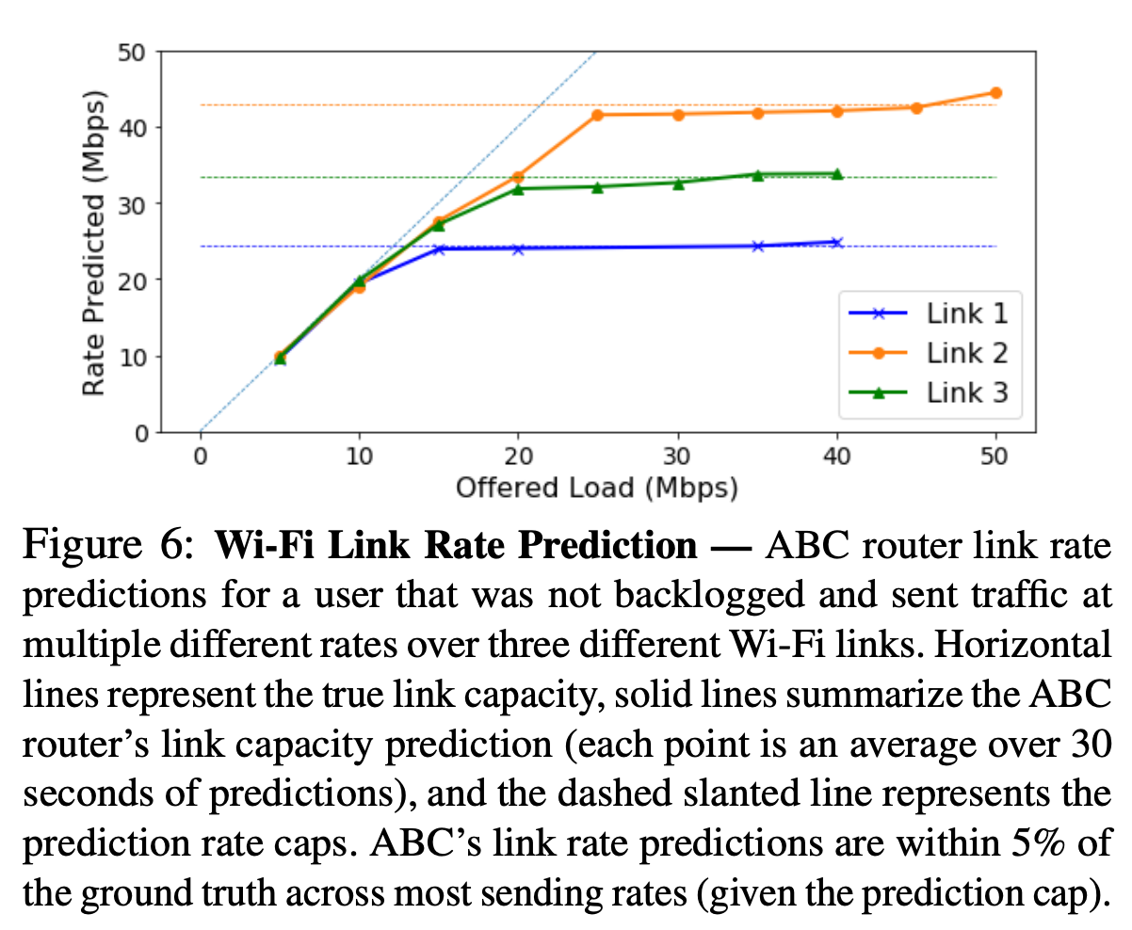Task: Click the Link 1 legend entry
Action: click(966, 313)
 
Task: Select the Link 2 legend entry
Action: click(966, 353)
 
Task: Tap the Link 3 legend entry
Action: click(966, 393)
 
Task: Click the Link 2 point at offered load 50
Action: click(995, 92)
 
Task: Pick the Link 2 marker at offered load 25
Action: click(597, 115)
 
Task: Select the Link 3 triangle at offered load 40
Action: click(836, 174)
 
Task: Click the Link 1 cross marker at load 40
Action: click(836, 242)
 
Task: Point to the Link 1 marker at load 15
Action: click(439, 249)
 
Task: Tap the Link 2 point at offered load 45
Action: click(916, 107)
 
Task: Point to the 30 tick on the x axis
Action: click(677, 457)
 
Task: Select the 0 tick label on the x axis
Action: click(201, 457)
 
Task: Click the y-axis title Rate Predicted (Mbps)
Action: click(93, 243)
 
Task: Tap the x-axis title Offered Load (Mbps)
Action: click(596, 488)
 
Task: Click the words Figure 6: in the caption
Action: click(111, 547)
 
